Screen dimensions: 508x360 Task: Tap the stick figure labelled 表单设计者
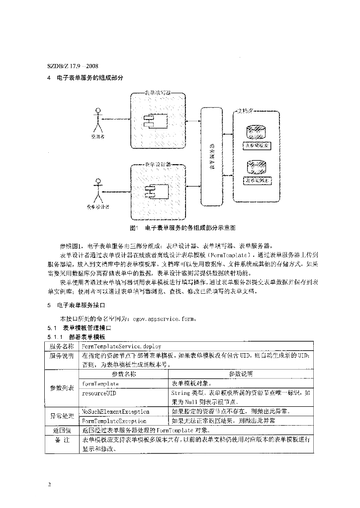[x=97, y=188]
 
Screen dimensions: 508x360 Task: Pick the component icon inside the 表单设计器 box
[x=149, y=191]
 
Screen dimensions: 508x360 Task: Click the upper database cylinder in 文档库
[x=258, y=131]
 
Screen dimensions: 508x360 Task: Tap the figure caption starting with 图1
[x=181, y=228]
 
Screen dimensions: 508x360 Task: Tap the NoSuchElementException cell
[x=115, y=411]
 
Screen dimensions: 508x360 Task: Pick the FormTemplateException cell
[x=114, y=421]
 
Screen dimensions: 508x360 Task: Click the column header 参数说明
[x=241, y=374]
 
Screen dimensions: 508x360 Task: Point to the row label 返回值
[x=62, y=430]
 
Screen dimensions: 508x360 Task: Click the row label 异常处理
[x=62, y=416]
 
